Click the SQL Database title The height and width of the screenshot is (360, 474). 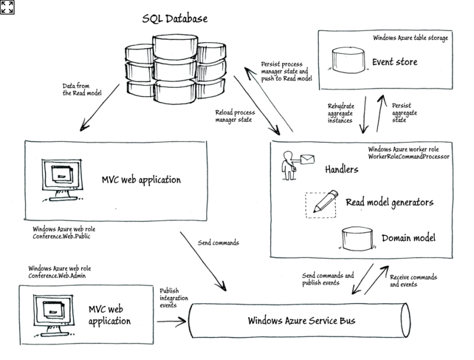(x=175, y=18)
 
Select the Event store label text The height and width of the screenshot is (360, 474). (x=395, y=62)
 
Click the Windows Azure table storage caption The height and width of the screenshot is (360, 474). (x=410, y=37)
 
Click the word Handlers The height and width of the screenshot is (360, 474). (x=341, y=170)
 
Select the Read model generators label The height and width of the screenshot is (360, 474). (x=389, y=202)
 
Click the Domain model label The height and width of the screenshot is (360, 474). (x=408, y=238)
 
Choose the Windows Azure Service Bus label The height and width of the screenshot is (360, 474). (x=302, y=321)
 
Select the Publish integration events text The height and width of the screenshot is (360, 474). (x=173, y=297)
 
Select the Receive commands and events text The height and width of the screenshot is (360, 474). (x=413, y=281)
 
